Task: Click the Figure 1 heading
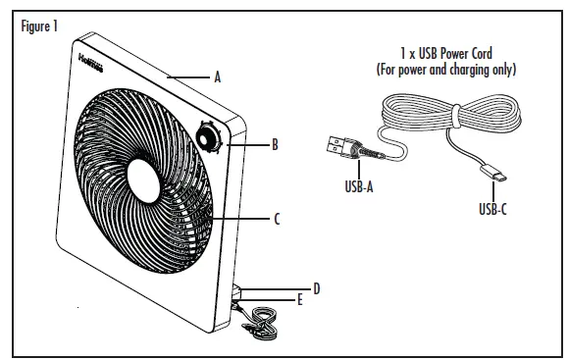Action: (39, 26)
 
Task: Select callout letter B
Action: (275, 144)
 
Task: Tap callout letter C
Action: (278, 220)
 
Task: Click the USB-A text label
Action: (354, 185)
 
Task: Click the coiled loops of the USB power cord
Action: (446, 113)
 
